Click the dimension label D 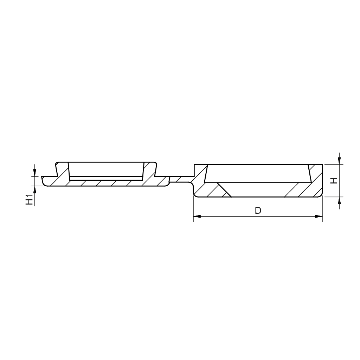tap(258, 210)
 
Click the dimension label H tap(334, 181)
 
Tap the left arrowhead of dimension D tap(197, 216)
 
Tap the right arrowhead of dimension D tap(319, 216)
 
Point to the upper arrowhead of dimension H tap(340, 161)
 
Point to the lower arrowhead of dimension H tap(340, 201)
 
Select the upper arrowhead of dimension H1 tap(35, 172)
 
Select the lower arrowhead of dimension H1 tap(35, 189)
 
